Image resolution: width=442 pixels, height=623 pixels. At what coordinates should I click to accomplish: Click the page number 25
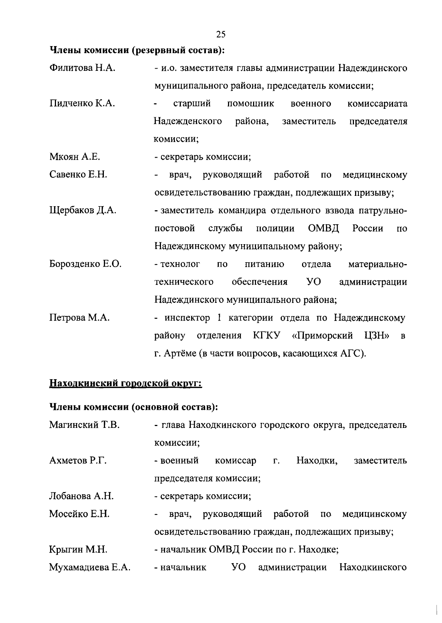(x=221, y=35)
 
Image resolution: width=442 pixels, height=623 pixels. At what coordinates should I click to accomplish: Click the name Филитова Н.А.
(x=83, y=68)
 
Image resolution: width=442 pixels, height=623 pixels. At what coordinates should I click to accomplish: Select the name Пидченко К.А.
(x=82, y=104)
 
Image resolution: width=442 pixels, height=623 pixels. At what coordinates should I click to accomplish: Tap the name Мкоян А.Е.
(x=75, y=157)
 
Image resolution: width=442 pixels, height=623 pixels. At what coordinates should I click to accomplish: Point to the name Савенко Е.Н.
(x=78, y=175)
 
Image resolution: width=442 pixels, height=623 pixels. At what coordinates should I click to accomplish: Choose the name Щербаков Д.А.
(x=83, y=211)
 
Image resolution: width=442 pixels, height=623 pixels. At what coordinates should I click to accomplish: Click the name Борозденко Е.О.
(x=85, y=264)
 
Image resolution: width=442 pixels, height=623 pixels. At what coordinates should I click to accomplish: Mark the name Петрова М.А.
(x=80, y=318)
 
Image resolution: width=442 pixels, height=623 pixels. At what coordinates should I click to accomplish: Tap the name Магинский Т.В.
(x=84, y=425)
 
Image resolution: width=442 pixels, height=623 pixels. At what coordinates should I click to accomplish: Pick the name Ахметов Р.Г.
(x=78, y=461)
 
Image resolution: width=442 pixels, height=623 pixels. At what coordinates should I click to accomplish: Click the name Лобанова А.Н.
(x=81, y=496)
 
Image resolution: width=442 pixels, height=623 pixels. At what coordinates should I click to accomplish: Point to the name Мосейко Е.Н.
(x=80, y=514)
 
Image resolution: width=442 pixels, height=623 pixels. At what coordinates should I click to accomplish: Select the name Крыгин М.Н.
(x=78, y=550)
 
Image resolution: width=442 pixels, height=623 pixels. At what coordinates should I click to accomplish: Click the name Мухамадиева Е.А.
(x=90, y=567)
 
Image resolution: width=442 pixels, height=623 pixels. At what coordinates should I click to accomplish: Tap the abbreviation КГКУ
(x=267, y=336)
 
